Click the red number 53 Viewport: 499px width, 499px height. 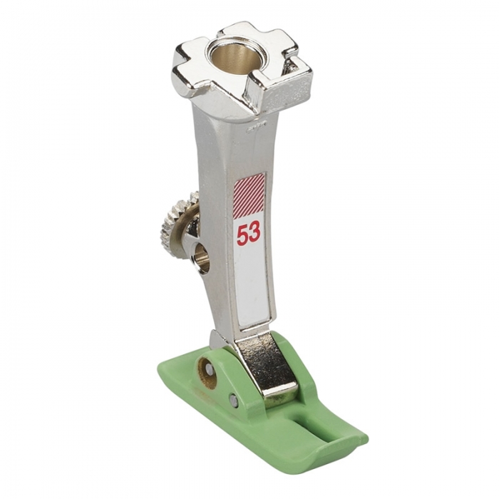coord(249,234)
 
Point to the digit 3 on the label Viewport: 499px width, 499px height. coord(254,233)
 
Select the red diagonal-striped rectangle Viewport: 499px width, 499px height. coord(249,193)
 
